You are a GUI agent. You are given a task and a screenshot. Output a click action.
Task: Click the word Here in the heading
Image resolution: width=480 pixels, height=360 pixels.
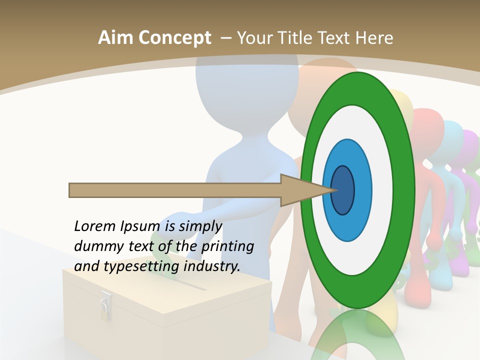[373, 38]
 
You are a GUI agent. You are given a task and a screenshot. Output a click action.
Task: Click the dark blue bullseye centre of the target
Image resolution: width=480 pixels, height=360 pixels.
[343, 190]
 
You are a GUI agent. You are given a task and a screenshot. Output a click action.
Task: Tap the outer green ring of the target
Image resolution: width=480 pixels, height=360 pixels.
[404, 190]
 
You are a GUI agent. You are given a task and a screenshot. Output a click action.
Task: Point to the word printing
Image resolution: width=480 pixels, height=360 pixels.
[227, 246]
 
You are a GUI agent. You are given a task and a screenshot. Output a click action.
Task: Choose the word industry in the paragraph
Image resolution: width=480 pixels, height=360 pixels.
[211, 266]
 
